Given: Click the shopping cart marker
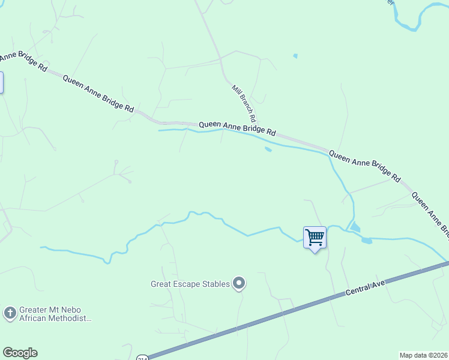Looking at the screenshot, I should coord(315,238).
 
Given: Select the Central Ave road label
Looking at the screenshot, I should coord(364,289).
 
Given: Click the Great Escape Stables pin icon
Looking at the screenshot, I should coord(239,283).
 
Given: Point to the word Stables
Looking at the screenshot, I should coord(217,284).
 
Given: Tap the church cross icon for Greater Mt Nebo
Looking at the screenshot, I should coord(10,313).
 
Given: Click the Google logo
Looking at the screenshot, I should coord(20,353).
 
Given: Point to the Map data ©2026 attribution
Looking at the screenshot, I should coord(423,355).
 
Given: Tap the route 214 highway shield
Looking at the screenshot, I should coord(142,358).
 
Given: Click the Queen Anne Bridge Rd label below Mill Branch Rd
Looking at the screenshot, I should coord(237,128).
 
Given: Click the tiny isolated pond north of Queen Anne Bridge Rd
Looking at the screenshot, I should coord(295,56).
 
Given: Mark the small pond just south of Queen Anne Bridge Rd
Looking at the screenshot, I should coord(268,149).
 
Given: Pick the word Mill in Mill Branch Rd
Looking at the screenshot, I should coord(235,90).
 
